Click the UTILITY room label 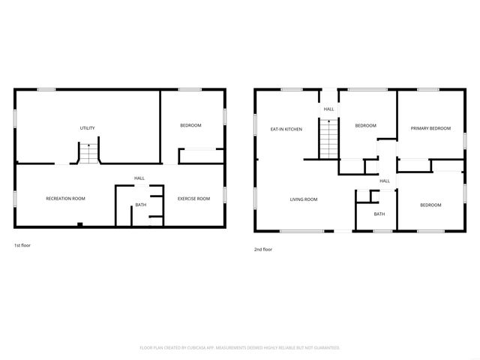coord(87,128)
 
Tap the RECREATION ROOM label coord(65,199)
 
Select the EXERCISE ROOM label coord(193,199)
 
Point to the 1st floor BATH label coord(140,205)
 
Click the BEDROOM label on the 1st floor coord(190,125)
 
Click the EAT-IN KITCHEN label coord(286,130)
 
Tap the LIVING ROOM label coord(304,199)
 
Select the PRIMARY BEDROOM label coord(430,128)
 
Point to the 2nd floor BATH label coord(379,214)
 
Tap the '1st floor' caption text coord(22,245)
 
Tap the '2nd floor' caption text coord(262,249)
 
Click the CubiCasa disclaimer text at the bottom coord(240,348)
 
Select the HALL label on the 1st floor coord(139,178)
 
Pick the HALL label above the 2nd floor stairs coord(328,109)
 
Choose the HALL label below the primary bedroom coord(384,181)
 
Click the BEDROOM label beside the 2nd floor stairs coord(365,126)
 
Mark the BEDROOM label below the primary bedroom coord(430,205)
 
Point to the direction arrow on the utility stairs coord(89,145)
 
